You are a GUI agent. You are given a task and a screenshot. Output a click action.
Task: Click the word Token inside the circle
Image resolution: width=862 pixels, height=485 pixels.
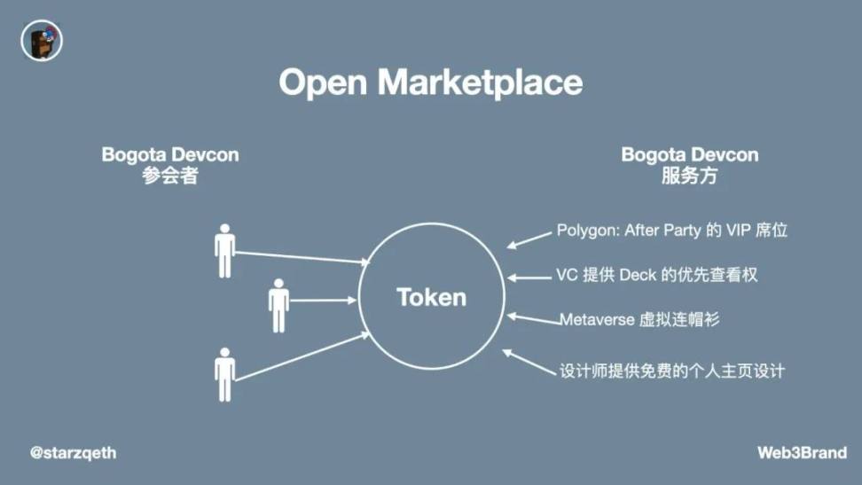431,296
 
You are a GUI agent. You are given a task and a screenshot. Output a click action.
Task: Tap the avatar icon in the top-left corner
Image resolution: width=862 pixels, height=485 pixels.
42,41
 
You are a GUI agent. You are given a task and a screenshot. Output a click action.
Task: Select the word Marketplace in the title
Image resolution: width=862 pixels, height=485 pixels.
480,82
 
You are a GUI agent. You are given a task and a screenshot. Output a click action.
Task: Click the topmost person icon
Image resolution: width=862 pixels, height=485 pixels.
225,251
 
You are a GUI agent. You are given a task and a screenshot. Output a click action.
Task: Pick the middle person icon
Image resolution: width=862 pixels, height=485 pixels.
279,305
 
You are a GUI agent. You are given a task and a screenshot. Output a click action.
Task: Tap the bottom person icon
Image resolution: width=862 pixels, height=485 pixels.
225,374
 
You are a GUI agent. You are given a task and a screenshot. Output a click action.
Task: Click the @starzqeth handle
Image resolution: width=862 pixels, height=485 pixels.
73,453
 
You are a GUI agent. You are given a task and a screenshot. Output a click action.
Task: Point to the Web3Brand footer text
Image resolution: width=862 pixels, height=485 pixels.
802,453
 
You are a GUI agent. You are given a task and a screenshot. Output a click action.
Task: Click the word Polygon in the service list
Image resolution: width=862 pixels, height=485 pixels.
587,231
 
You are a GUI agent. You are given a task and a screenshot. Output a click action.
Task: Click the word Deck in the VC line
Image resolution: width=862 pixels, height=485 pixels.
638,275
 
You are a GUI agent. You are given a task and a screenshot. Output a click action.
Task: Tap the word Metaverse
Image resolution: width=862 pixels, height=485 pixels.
597,319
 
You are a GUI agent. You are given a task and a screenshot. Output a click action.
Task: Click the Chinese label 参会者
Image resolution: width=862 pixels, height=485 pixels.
169,176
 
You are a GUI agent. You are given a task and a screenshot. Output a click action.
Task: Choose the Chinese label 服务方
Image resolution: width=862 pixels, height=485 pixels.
689,176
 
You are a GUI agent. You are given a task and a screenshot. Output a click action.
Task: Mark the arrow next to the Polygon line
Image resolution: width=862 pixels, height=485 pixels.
529,239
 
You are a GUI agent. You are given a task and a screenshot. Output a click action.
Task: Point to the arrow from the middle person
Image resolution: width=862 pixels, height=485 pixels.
323,301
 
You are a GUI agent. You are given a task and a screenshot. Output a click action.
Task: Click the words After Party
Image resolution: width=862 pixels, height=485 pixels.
662,231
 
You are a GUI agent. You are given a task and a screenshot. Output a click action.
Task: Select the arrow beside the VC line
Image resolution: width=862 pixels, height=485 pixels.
529,277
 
